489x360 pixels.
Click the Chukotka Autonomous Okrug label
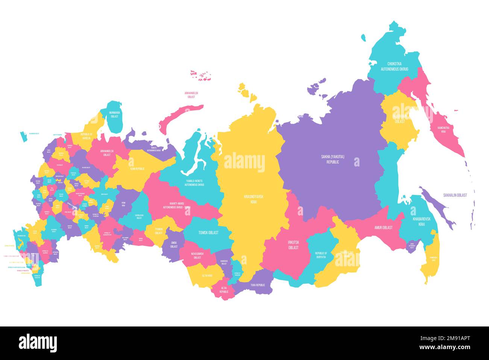point(394,66)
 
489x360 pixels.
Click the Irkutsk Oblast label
point(293,245)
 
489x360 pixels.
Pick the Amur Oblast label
point(383,227)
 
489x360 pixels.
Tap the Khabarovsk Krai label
point(421,221)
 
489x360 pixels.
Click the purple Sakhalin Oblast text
point(455,195)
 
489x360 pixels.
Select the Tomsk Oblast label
point(208,233)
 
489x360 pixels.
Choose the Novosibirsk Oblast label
point(197,256)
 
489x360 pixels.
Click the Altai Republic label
point(224,290)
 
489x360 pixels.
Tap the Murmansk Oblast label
point(114,114)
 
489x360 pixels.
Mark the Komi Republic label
point(137,169)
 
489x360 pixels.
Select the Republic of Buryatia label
point(321,255)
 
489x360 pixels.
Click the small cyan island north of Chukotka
point(363,38)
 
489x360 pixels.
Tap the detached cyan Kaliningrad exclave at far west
point(24,137)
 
